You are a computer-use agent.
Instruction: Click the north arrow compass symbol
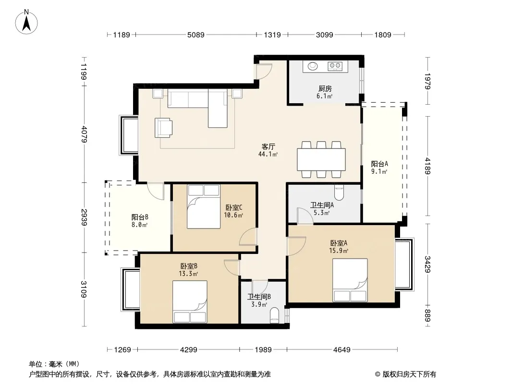pyautogui.click(x=26, y=22)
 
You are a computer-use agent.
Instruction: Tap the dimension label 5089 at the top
pyautogui.click(x=196, y=35)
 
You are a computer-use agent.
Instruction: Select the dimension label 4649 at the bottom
pyautogui.click(x=342, y=350)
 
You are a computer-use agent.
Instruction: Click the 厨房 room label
pyautogui.click(x=325, y=88)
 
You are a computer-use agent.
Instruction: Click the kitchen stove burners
pyautogui.click(x=335, y=66)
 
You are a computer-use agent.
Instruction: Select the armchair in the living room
pyautogui.click(x=163, y=128)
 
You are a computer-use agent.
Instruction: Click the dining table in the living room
pyautogui.click(x=321, y=159)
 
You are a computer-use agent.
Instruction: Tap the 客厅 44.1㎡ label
pyautogui.click(x=268, y=150)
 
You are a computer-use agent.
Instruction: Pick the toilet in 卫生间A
pyautogui.click(x=339, y=192)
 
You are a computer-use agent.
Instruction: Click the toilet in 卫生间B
pyautogui.click(x=275, y=315)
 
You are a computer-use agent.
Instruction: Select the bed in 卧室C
pyautogui.click(x=204, y=206)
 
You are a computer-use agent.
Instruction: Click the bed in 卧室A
pyautogui.click(x=350, y=280)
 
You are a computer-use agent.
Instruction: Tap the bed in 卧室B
pyautogui.click(x=190, y=302)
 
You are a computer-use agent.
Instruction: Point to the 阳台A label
pyautogui.click(x=379, y=164)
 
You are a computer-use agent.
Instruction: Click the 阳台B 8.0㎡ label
pyautogui.click(x=140, y=221)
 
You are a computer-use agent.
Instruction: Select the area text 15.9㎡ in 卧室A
pyautogui.click(x=339, y=251)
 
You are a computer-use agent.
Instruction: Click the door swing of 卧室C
pyautogui.click(x=248, y=237)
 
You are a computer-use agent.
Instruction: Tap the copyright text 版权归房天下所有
pyautogui.click(x=409, y=374)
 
